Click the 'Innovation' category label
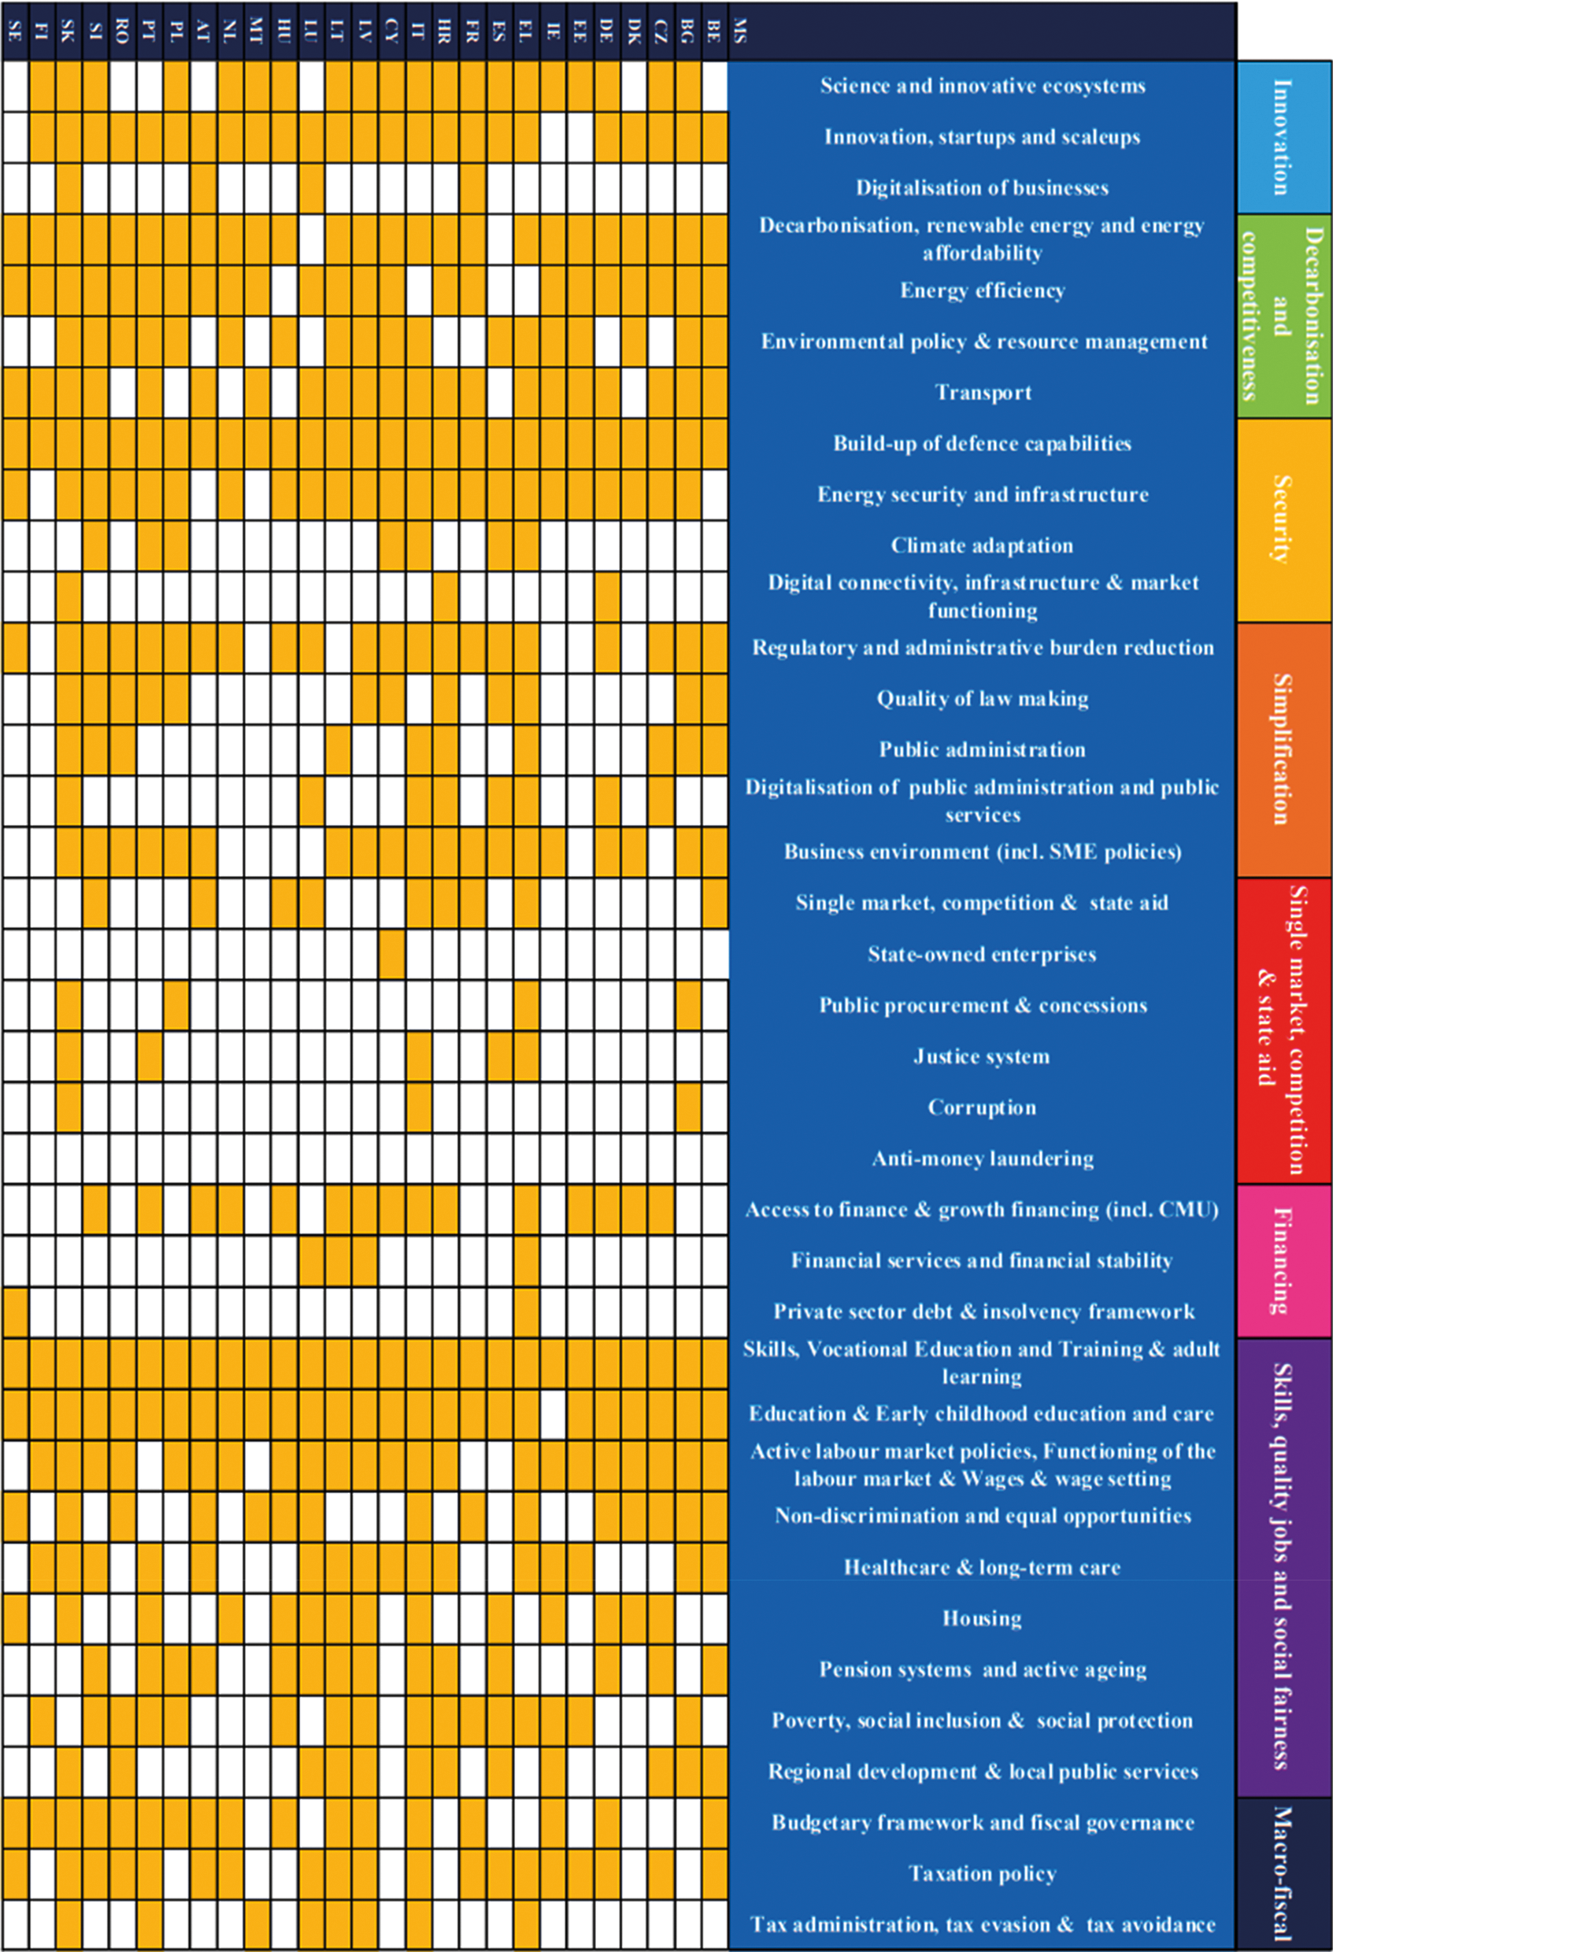[x=1283, y=138]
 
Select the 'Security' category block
[x=1283, y=519]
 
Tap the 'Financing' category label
[x=1283, y=1261]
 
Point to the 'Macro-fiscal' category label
[x=1283, y=1874]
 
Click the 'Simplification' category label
[x=1283, y=749]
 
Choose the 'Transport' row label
[x=983, y=393]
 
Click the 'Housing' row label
[x=982, y=1617]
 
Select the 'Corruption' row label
[x=982, y=1107]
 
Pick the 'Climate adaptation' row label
[x=982, y=545]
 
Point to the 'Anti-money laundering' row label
[x=982, y=1158]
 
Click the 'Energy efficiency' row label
[x=982, y=290]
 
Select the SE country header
[x=15, y=31]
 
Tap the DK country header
[x=634, y=31]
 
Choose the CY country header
[x=391, y=31]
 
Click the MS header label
[x=740, y=31]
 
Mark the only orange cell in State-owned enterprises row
[x=391, y=954]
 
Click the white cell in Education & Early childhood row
[x=553, y=1414]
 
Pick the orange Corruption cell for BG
[x=687, y=1107]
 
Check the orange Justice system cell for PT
[x=150, y=1056]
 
